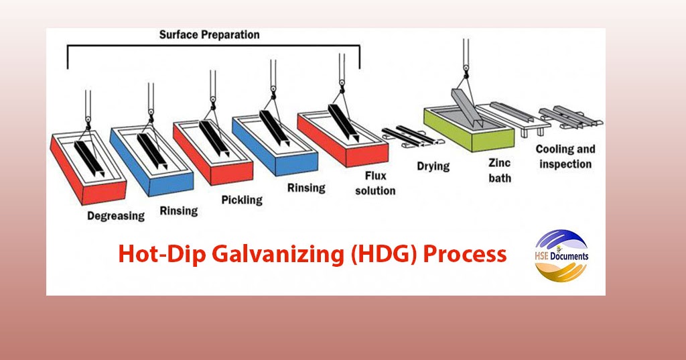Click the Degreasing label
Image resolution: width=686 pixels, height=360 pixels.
tap(116, 216)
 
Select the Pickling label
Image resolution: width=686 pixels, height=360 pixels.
tap(242, 200)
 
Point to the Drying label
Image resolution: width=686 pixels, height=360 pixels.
tap(433, 166)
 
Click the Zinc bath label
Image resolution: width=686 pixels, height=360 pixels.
tap(500, 170)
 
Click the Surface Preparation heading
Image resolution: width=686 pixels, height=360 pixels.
tap(209, 34)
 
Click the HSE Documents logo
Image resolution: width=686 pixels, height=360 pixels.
tap(561, 255)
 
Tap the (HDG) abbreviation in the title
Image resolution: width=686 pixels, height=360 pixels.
tap(385, 254)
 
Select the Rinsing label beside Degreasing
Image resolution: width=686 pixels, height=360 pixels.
tap(179, 211)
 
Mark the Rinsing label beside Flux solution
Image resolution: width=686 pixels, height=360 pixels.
tap(306, 188)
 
